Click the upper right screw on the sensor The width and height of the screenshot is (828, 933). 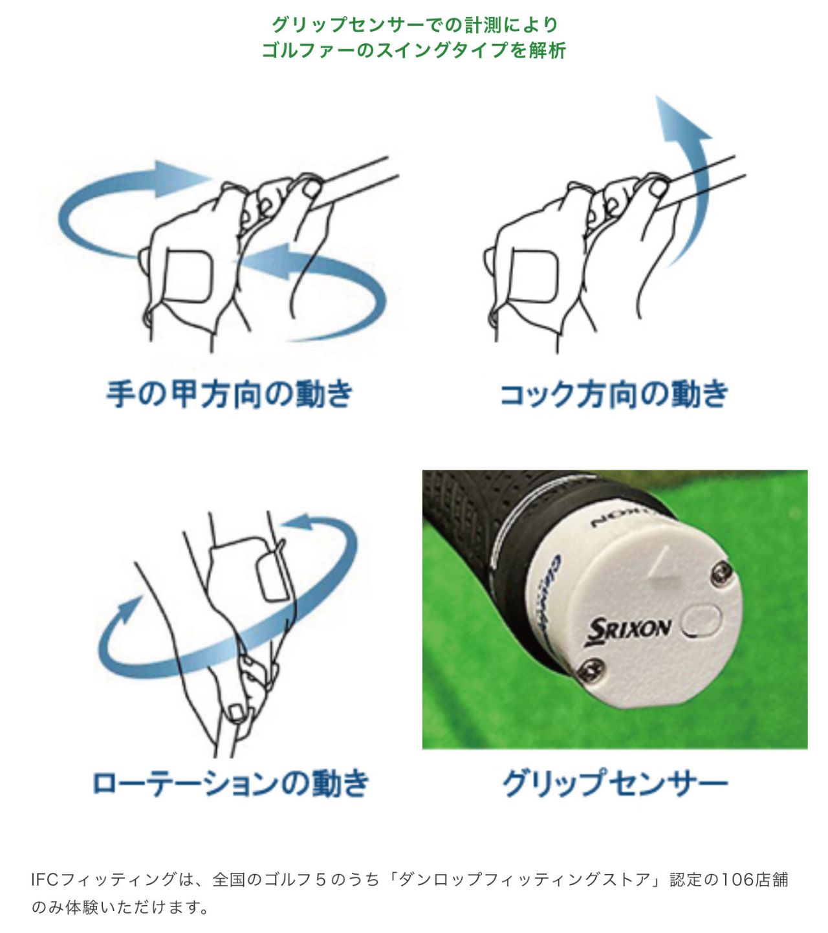(x=721, y=573)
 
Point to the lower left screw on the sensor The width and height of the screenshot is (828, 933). (x=593, y=669)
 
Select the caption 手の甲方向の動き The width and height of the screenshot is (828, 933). (x=230, y=394)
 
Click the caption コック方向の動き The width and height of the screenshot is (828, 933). (x=614, y=394)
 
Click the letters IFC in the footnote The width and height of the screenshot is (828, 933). (x=45, y=879)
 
